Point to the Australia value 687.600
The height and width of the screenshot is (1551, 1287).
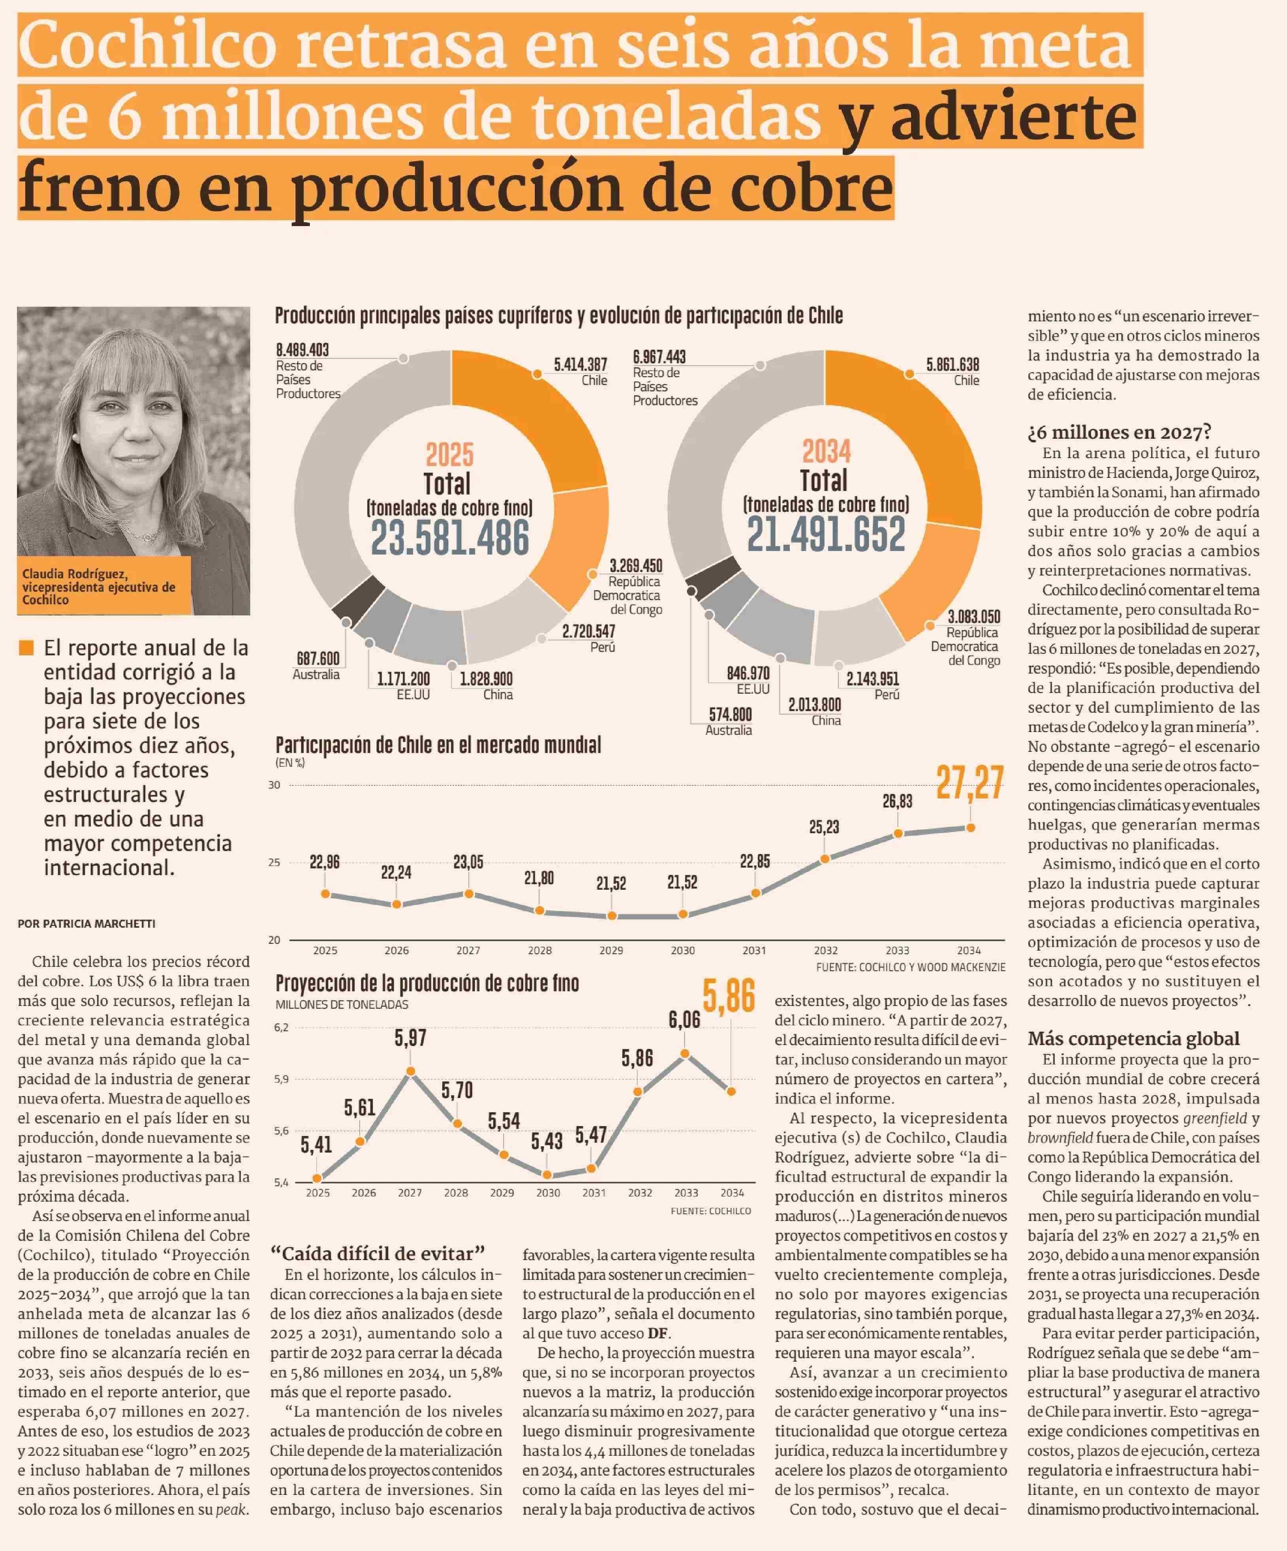318,658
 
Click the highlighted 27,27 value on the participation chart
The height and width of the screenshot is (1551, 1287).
970,783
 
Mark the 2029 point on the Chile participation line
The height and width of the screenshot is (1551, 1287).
611,916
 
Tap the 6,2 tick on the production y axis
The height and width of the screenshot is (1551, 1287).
281,1027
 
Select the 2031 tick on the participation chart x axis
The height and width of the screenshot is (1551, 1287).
754,951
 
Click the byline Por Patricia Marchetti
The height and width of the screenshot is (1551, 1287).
87,923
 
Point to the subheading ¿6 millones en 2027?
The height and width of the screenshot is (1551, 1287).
1119,432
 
